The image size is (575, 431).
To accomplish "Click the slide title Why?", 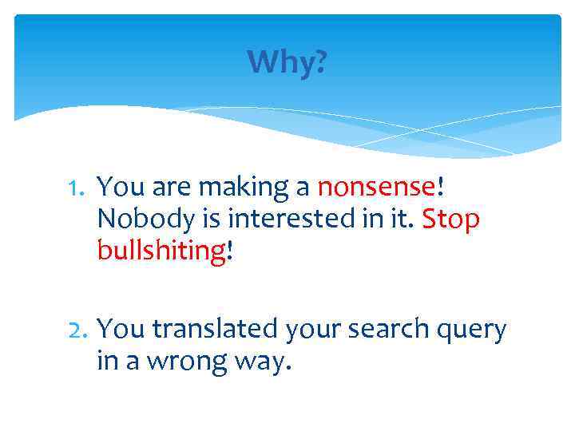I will point(287,61).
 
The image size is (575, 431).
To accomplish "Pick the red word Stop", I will point(450,219).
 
